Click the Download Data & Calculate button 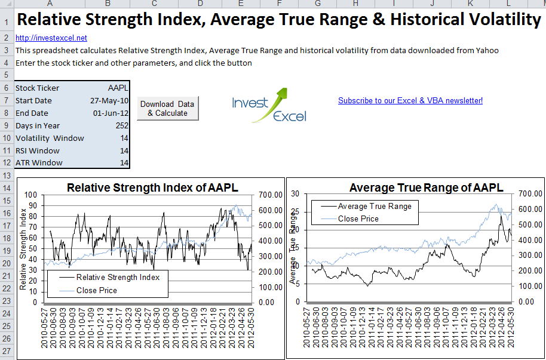coord(167,108)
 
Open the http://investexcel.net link coord(51,38)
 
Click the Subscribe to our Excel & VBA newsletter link coord(410,100)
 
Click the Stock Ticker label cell coord(37,88)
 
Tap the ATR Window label coord(39,162)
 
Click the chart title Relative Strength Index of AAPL coord(152,187)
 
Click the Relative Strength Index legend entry coord(118,277)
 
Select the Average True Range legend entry coord(374,206)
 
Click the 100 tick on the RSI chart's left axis coord(30,195)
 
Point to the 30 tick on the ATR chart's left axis coord(294,193)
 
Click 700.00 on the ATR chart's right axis coord(529,193)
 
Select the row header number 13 coord(7,175)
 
